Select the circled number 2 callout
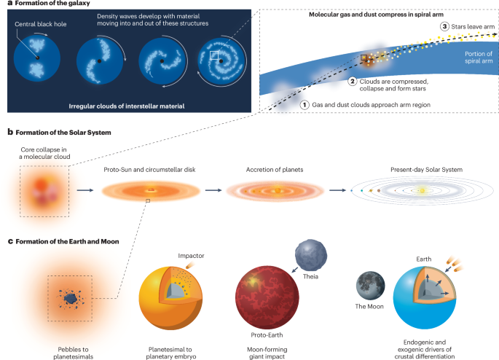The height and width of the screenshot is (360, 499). [353, 82]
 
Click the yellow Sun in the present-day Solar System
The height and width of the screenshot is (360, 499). [422, 191]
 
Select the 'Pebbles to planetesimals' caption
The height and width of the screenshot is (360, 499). [63, 343]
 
